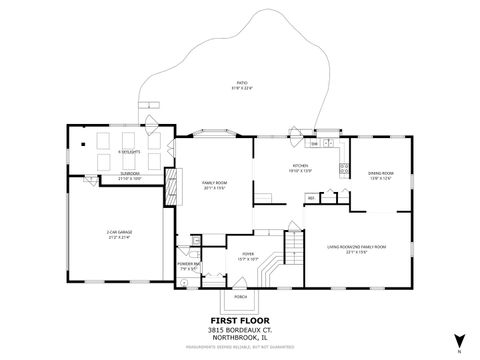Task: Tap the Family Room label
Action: pyautogui.click(x=214, y=186)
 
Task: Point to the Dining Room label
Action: pyautogui.click(x=380, y=176)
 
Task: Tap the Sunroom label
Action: pyautogui.click(x=130, y=175)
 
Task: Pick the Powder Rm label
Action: pyautogui.click(x=190, y=267)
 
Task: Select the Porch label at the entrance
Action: pyautogui.click(x=241, y=297)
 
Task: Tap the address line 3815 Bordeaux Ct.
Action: pyautogui.click(x=241, y=319)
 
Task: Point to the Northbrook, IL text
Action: pyautogui.click(x=241, y=326)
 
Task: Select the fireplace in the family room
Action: pyautogui.click(x=170, y=184)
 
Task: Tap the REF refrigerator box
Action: pyautogui.click(x=311, y=198)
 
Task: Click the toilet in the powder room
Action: pyautogui.click(x=184, y=284)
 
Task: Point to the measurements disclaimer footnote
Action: pyautogui.click(x=241, y=337)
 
